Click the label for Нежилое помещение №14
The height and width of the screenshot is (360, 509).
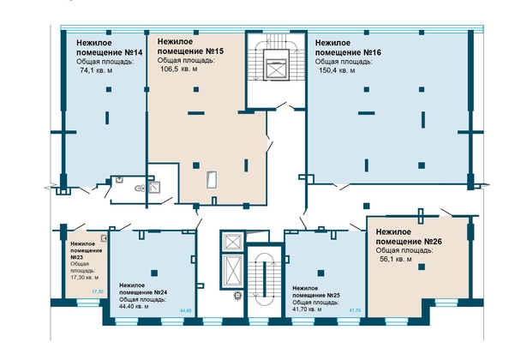(110, 47)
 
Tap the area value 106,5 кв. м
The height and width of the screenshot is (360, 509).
(179, 69)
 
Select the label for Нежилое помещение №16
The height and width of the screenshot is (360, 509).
(348, 47)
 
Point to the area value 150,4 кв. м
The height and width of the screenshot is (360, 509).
(337, 70)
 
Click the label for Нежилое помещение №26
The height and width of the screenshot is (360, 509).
(409, 237)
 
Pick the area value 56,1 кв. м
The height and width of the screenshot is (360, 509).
(396, 259)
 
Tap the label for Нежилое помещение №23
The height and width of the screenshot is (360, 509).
(87, 250)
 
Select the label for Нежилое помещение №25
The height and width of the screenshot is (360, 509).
(316, 291)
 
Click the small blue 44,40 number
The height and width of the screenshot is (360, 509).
(186, 310)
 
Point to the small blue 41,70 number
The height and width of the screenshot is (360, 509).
(355, 310)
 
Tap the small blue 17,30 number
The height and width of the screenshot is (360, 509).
(98, 291)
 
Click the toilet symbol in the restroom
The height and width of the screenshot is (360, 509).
(140, 188)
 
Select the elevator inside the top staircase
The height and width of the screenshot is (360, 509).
(276, 64)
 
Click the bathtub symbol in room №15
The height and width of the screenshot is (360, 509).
(212, 180)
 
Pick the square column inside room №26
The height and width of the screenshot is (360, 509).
(422, 267)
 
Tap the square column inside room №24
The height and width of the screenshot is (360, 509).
(154, 273)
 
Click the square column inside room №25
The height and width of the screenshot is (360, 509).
(320, 273)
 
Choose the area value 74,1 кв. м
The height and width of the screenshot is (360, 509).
(96, 70)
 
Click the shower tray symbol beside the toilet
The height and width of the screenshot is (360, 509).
(154, 188)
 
